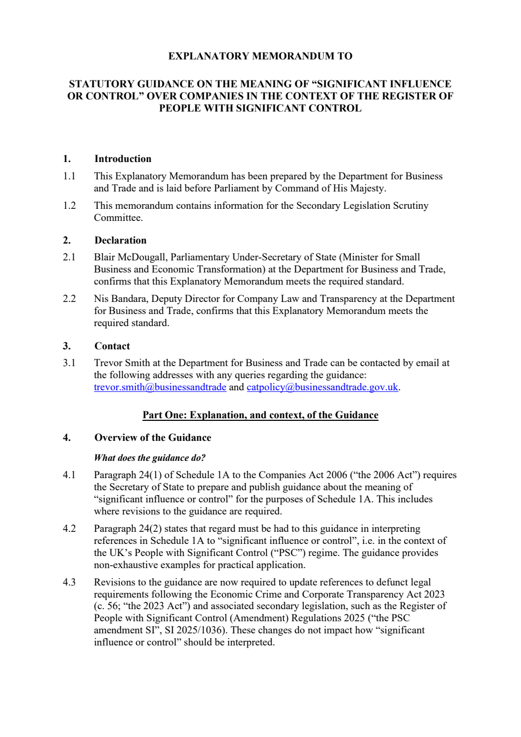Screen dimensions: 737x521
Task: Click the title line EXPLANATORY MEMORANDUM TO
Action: point(260,56)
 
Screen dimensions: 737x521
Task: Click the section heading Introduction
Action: point(122,159)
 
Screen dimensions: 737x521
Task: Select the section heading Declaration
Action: point(120,240)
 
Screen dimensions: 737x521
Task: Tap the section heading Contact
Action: point(112,346)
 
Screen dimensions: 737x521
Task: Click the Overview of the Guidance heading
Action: point(152,438)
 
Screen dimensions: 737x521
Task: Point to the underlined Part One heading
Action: point(260,415)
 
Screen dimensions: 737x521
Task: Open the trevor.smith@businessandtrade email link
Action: point(160,387)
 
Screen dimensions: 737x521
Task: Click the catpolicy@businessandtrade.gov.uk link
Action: point(322,387)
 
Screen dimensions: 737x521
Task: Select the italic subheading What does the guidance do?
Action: point(149,458)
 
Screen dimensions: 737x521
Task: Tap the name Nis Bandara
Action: point(120,299)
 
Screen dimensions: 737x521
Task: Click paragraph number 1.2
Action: point(69,206)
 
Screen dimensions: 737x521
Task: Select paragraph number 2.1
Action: point(69,257)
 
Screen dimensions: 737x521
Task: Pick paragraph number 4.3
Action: point(69,582)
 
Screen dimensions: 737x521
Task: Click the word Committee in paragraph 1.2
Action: point(118,218)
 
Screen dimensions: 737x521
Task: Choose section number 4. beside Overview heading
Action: point(67,438)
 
